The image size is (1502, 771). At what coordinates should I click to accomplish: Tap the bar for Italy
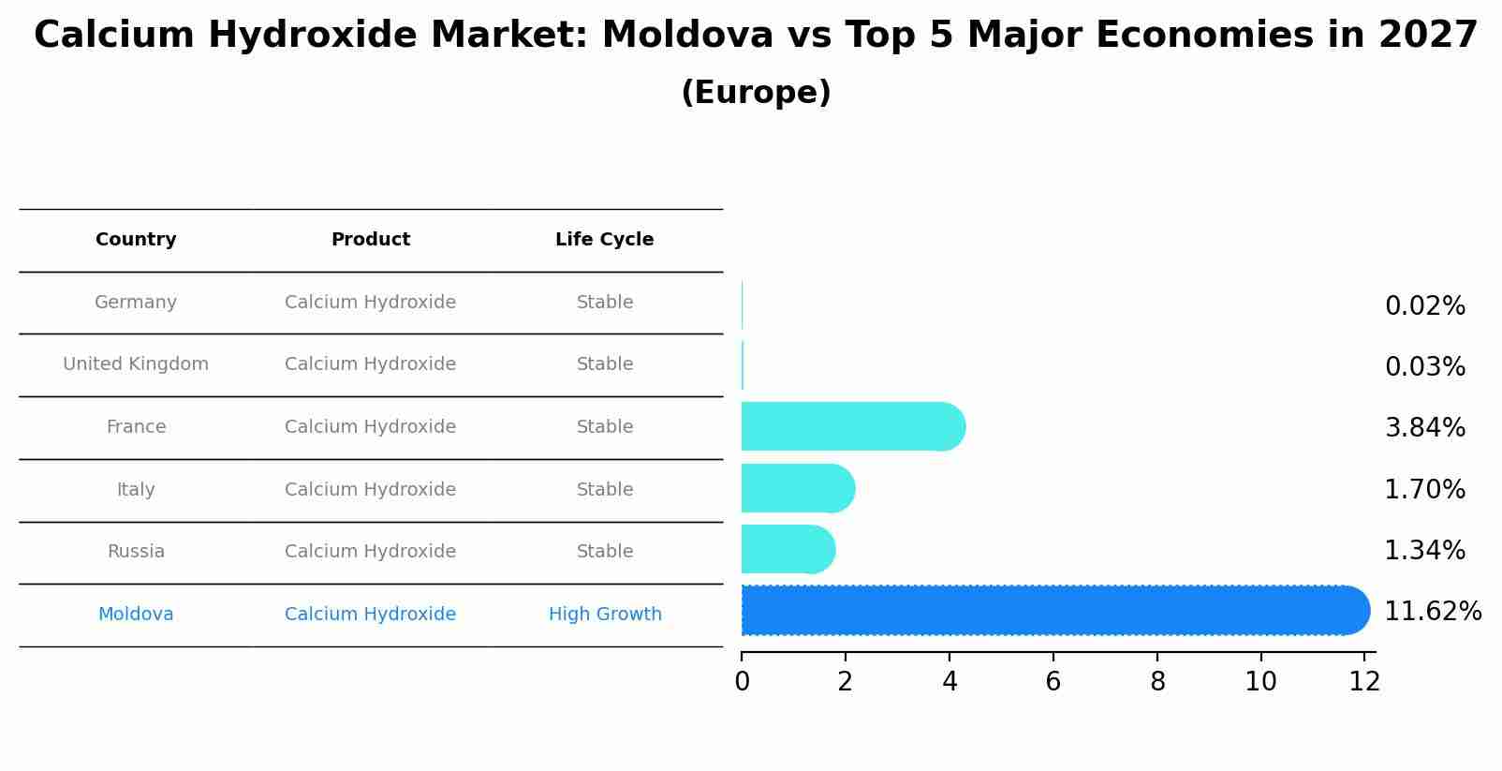[797, 489]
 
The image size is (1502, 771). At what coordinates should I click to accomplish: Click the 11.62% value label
[1432, 612]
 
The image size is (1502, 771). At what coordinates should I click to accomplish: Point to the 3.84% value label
[1424, 428]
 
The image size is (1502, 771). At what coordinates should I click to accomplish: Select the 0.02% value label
[1424, 306]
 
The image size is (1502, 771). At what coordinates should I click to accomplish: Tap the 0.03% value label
[1424, 367]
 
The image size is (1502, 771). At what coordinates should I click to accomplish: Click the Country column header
[136, 240]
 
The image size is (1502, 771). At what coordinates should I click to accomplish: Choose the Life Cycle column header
[604, 240]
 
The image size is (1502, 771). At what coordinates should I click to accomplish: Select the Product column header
[370, 240]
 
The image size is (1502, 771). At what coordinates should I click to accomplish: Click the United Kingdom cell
[136, 364]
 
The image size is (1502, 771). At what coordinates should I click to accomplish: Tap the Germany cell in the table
[136, 303]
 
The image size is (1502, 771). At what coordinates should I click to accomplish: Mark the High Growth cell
[605, 615]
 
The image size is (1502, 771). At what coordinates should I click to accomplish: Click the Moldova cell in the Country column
[136, 615]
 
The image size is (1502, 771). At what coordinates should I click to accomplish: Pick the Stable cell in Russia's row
[605, 552]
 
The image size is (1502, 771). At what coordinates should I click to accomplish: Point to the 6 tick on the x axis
[1053, 682]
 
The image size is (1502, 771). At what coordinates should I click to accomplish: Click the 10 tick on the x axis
[1260, 682]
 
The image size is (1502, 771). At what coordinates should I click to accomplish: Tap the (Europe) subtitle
[756, 94]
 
